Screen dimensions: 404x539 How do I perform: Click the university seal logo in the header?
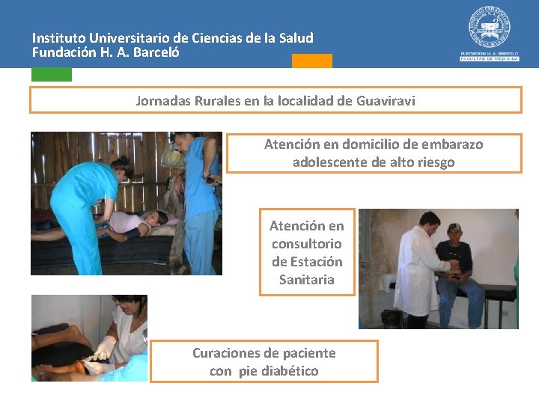pyautogui.click(x=490, y=28)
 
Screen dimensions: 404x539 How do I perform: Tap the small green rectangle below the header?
pyautogui.click(x=52, y=74)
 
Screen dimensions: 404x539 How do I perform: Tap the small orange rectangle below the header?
pyautogui.click(x=312, y=61)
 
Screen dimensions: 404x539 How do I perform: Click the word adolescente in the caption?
pyautogui.click(x=330, y=162)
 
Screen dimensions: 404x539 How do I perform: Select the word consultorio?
pyautogui.click(x=307, y=244)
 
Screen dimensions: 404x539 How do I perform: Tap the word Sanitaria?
pyautogui.click(x=307, y=280)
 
